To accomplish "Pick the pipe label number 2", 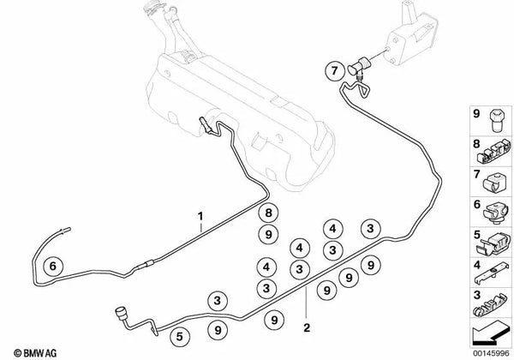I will coord(306,327).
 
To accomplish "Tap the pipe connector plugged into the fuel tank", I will coord(206,124).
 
